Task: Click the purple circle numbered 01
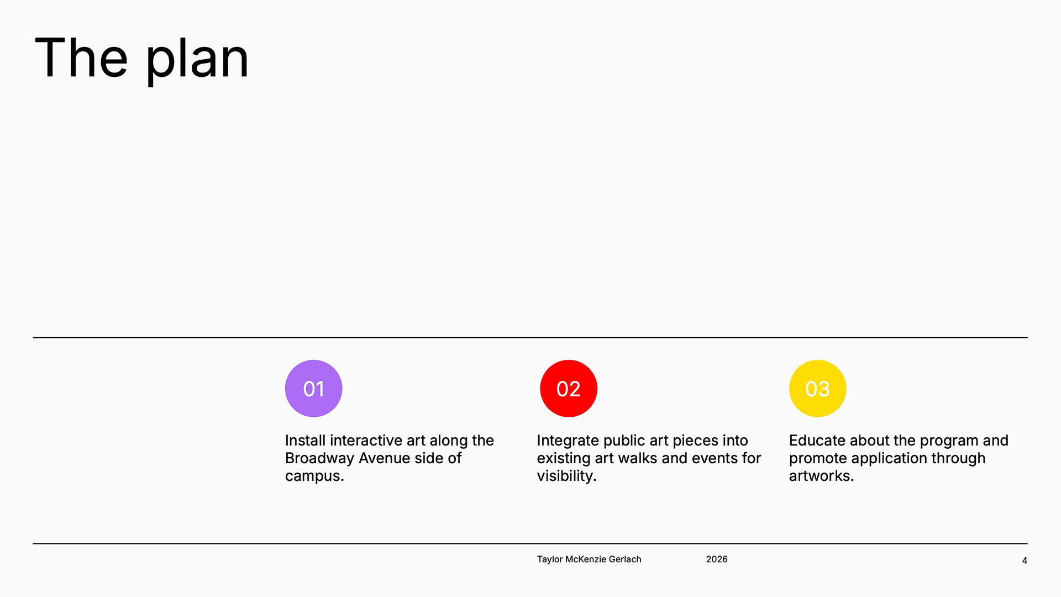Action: point(313,389)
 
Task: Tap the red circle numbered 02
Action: point(569,389)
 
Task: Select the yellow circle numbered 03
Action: point(818,389)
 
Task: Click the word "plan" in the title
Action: point(197,60)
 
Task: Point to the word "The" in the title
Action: point(81,57)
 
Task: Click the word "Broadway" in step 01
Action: point(319,458)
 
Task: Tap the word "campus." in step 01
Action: point(314,476)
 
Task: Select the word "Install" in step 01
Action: point(305,440)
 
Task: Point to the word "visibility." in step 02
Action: point(567,476)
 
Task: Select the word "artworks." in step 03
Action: point(822,476)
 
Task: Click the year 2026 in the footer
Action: point(717,559)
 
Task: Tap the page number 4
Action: point(1025,561)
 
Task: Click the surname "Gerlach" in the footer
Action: point(625,559)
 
